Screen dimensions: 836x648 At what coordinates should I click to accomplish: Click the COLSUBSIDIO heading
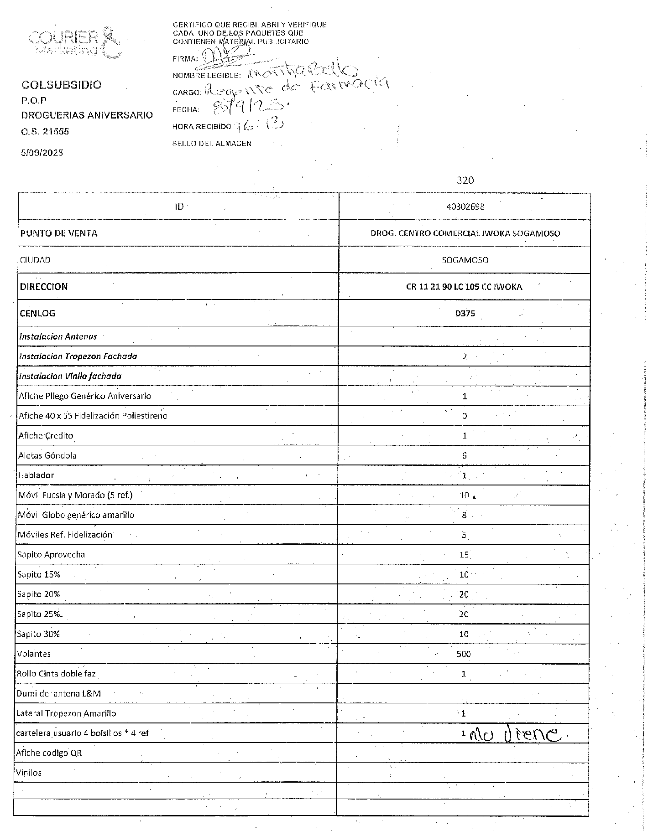coord(62,85)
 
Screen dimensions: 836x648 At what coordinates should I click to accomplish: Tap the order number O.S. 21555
coord(45,132)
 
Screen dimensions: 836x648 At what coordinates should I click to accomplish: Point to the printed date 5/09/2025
coord(42,153)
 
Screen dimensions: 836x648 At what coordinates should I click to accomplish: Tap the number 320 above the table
coord(465,181)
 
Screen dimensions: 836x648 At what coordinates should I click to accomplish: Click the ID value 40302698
coord(465,206)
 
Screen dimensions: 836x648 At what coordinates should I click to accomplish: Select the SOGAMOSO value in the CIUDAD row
coord(465,260)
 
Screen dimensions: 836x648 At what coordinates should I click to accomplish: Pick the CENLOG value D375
coord(465,314)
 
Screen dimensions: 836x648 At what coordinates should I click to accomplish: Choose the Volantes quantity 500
coord(464,654)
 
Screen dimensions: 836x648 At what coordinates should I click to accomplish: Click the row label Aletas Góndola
coord(47,455)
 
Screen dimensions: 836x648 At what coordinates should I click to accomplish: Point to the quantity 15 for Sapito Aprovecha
coord(464,555)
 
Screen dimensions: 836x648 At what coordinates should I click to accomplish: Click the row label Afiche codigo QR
coord(49,753)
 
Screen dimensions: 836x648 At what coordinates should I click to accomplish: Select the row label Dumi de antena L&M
coord(59,694)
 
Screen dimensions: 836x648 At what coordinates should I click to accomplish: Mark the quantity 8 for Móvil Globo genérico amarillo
coord(464,515)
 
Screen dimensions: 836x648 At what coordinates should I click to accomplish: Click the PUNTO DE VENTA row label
coord(58,233)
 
